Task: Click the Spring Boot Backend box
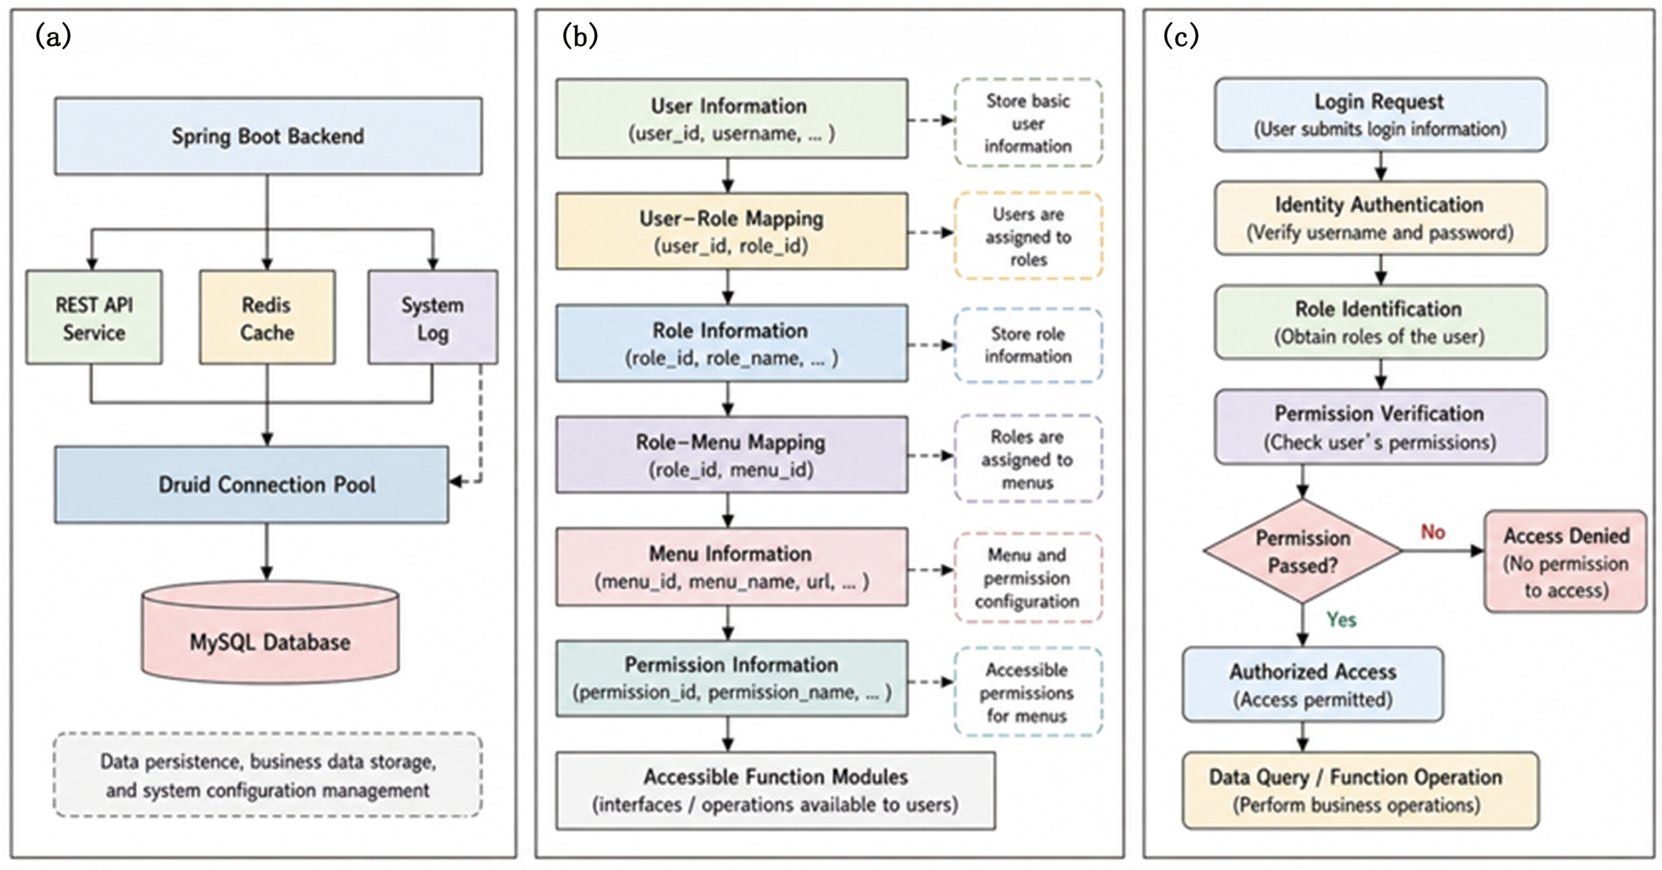point(268,136)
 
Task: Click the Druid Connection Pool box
point(252,484)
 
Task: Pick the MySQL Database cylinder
point(270,633)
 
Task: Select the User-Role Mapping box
point(732,231)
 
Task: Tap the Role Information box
point(732,344)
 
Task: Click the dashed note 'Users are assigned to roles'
point(1028,236)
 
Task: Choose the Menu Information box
point(732,567)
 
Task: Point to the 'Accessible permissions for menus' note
point(1028,692)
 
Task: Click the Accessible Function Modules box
point(775,791)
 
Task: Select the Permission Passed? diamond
point(1303,551)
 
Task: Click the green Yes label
point(1341,620)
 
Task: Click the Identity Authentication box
point(1381,218)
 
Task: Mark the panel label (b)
point(580,36)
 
